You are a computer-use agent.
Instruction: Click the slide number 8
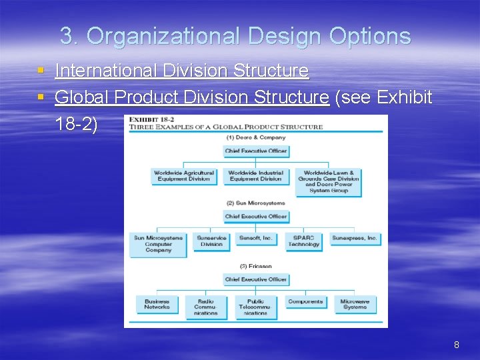pyautogui.click(x=456, y=345)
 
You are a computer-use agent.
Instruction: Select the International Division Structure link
pyautogui.click(x=181, y=71)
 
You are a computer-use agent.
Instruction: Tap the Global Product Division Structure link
pyautogui.click(x=191, y=97)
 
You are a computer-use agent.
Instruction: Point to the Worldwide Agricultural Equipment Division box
pyautogui.click(x=184, y=176)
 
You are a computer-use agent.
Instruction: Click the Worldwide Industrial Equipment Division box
pyautogui.click(x=255, y=176)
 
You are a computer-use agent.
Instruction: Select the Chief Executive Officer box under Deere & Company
pyautogui.click(x=256, y=151)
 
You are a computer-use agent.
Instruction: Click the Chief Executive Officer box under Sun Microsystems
pyautogui.click(x=256, y=217)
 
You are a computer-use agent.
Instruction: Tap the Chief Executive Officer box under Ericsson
pyautogui.click(x=256, y=279)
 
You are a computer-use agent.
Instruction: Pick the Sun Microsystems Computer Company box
pyautogui.click(x=158, y=244)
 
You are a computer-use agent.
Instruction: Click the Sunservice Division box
pyautogui.click(x=211, y=241)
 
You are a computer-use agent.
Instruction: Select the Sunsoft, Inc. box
pyautogui.click(x=256, y=238)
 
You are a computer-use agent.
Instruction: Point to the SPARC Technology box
pyautogui.click(x=304, y=241)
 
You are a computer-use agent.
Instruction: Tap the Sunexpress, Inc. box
pyautogui.click(x=355, y=238)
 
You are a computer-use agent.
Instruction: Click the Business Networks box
pyautogui.click(x=157, y=305)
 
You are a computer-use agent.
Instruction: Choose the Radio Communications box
pyautogui.click(x=206, y=307)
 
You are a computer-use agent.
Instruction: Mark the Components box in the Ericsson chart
pyautogui.click(x=305, y=302)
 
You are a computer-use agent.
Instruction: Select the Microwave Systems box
pyautogui.click(x=355, y=305)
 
